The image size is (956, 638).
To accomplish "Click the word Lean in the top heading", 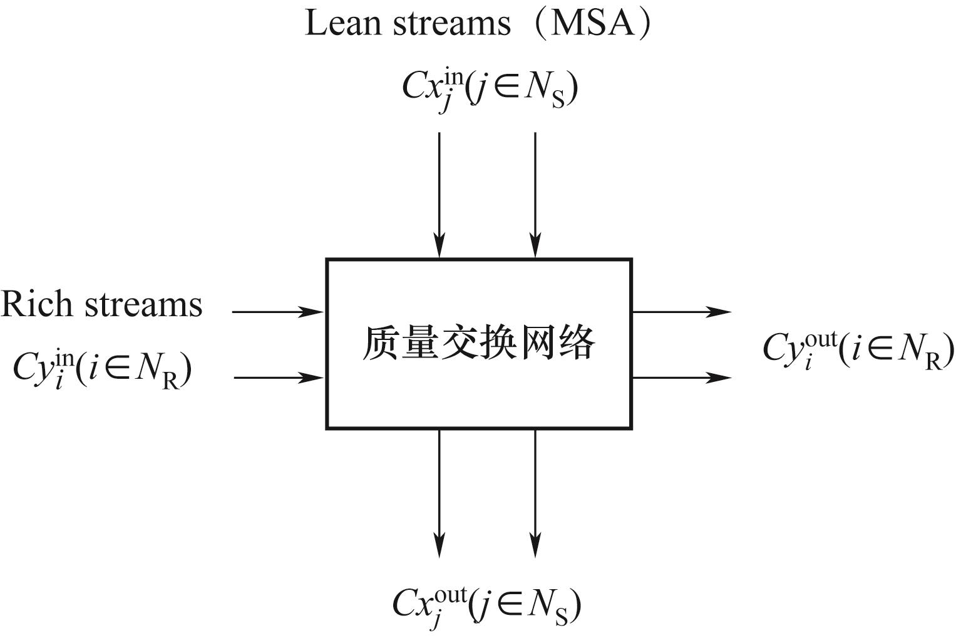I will click(342, 23).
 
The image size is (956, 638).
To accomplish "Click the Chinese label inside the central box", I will click(478, 344).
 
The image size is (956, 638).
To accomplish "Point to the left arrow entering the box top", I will click(439, 194).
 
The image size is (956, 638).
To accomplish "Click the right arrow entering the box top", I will click(535, 194).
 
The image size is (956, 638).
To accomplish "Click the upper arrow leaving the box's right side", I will click(681, 311).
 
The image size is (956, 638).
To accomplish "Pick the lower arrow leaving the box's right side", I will click(681, 378).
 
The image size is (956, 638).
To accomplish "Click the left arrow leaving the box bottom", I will click(439, 492).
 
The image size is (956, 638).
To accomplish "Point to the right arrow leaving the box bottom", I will click(535, 492).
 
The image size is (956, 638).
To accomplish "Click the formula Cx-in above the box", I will click(489, 89).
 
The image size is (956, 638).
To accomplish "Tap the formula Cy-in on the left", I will click(102, 369).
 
